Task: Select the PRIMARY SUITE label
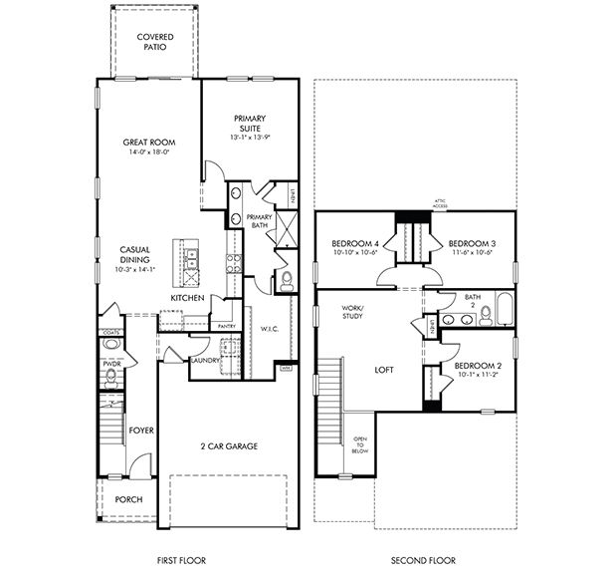[x=250, y=123]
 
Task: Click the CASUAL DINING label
[x=134, y=254]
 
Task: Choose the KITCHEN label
[x=187, y=298]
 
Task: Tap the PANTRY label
[x=227, y=326]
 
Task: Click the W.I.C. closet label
[x=269, y=328]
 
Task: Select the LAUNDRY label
[x=205, y=361]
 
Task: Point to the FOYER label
[x=141, y=431]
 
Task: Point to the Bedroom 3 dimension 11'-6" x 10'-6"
[x=472, y=253]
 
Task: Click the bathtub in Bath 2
[x=502, y=311]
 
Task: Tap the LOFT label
[x=384, y=370]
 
